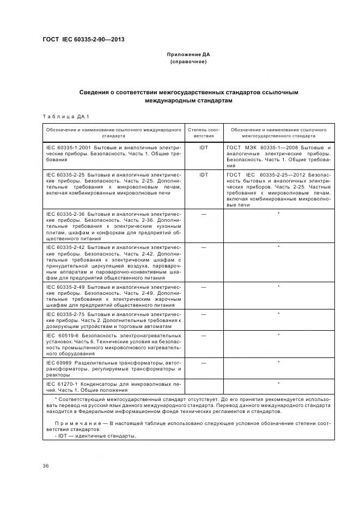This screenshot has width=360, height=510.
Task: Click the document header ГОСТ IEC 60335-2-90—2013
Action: tap(79, 39)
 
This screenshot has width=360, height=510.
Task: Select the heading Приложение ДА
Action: tap(188, 54)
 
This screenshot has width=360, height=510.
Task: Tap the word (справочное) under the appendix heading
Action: tap(188, 62)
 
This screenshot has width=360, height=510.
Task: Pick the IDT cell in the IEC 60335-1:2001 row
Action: tap(204, 148)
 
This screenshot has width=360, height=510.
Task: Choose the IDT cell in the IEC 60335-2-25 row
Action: tap(204, 175)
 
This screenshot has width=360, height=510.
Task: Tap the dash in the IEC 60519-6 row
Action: tap(204, 336)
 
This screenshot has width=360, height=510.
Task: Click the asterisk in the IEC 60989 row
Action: tap(279, 362)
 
